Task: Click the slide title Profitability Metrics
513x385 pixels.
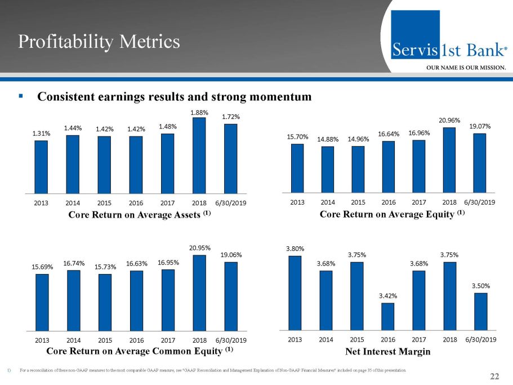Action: click(99, 41)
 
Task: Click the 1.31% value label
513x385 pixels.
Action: click(41, 134)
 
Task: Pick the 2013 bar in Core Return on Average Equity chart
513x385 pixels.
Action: click(297, 168)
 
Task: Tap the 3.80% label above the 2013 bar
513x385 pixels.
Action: click(295, 249)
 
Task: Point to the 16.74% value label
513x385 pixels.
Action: click(73, 263)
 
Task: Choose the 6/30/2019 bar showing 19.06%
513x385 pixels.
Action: click(231, 295)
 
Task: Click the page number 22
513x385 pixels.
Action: click(495, 377)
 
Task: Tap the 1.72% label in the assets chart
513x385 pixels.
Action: click(230, 117)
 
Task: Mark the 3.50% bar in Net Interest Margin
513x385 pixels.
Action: click(480, 311)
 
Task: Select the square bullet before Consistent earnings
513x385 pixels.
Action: click(20, 96)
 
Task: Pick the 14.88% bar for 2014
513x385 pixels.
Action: click(328, 169)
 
